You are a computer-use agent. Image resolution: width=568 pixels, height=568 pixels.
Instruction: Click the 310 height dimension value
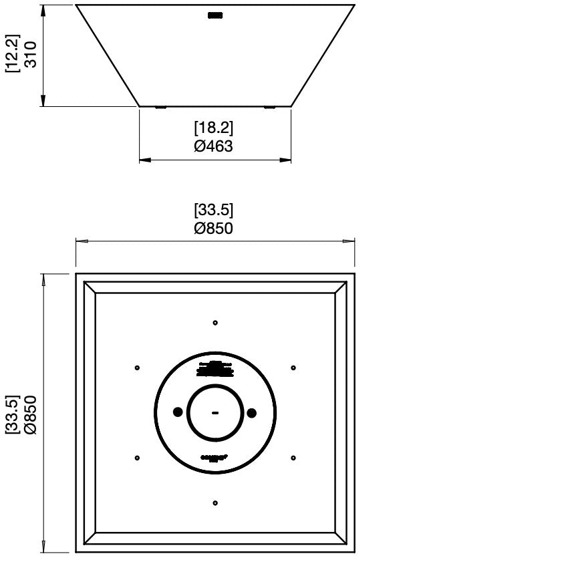click(x=30, y=55)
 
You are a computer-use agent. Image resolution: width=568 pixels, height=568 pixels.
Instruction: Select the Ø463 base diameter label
click(x=214, y=146)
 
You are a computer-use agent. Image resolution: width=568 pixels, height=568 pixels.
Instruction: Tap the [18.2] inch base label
click(x=214, y=128)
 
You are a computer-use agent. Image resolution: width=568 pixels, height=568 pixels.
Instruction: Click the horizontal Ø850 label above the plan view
click(x=214, y=229)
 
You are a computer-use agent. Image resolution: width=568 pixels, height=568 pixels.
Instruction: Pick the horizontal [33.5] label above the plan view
click(x=214, y=210)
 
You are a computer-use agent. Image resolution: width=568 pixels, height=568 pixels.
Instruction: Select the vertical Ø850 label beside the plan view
click(x=30, y=414)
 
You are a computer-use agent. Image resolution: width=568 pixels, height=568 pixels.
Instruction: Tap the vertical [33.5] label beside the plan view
click(x=12, y=414)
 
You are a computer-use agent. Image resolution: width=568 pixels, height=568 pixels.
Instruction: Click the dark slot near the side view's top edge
click(x=215, y=15)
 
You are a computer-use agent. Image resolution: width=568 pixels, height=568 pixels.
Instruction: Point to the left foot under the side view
click(x=160, y=107)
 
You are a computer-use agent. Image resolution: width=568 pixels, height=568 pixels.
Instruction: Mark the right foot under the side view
click(x=269, y=107)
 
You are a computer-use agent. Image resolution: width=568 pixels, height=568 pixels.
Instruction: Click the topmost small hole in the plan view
click(x=215, y=323)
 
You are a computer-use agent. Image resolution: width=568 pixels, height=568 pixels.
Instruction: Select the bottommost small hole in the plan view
click(x=215, y=503)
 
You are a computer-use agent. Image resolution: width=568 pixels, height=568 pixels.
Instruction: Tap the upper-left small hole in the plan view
click(x=137, y=368)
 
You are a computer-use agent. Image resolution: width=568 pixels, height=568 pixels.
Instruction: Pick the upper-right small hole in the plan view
click(x=293, y=368)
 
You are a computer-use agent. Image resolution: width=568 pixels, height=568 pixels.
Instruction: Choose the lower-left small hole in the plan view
click(x=137, y=458)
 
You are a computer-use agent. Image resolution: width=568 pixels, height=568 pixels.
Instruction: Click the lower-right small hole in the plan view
click(x=293, y=458)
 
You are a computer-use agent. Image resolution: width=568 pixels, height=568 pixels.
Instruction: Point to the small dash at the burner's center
click(x=215, y=414)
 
